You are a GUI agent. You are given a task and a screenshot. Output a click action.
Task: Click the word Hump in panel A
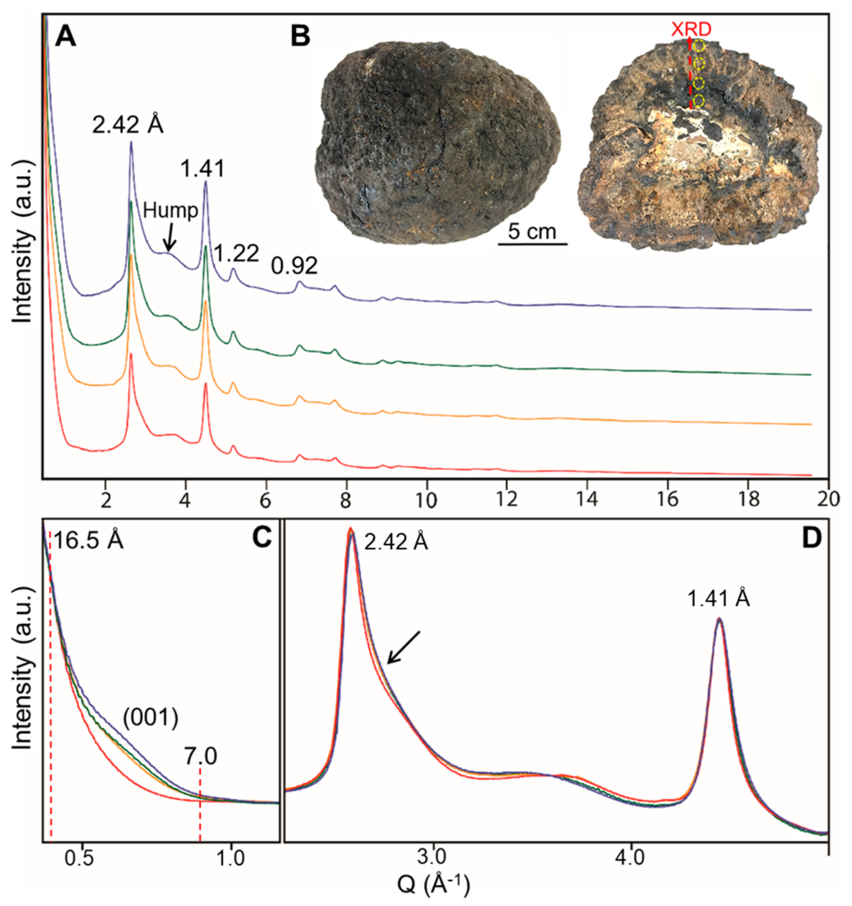tap(170, 211)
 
